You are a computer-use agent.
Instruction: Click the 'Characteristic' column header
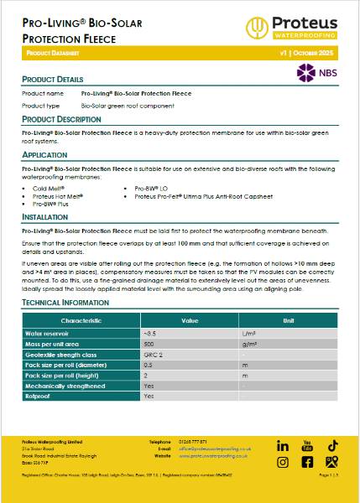click(x=81, y=321)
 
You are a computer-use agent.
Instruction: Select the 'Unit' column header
click(x=288, y=321)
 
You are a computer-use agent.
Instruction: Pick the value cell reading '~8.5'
click(x=151, y=333)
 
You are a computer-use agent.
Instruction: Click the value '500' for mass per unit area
click(x=149, y=344)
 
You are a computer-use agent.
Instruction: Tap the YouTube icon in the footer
click(x=307, y=444)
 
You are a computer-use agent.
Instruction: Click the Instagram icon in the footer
click(x=283, y=462)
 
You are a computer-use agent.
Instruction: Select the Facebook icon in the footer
click(x=307, y=462)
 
